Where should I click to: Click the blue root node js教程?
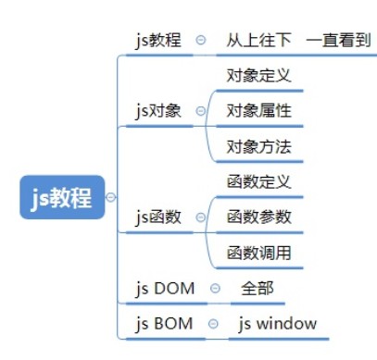coord(61,196)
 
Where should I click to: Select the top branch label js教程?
coord(157,40)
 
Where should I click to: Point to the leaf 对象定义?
coord(258,76)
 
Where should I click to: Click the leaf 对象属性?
coord(258,111)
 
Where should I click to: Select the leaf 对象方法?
coord(258,146)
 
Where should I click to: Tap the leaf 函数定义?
coord(258,181)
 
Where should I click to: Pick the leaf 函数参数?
coord(258,217)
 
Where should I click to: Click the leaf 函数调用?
coord(258,253)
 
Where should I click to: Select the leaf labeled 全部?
coord(257,288)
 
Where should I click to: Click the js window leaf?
coord(277,324)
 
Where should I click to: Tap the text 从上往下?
coord(258,40)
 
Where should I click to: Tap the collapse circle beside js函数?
coord(201,218)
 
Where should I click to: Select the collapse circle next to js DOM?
coord(215,289)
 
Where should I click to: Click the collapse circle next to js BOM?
coord(213,325)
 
